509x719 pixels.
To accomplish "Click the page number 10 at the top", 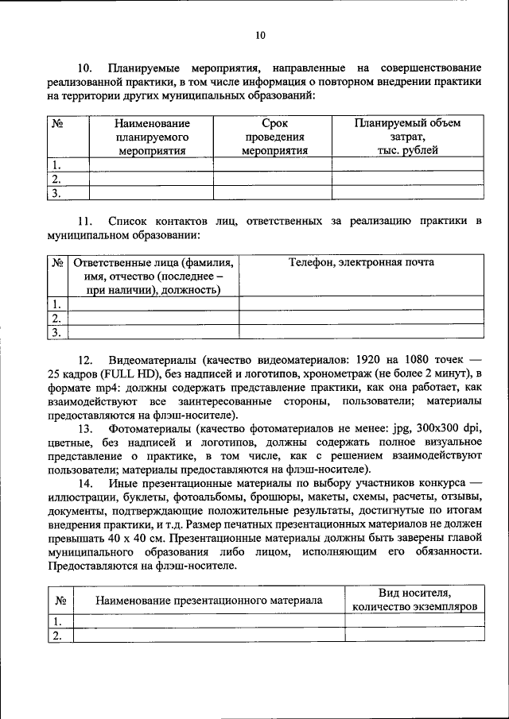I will click(260, 34).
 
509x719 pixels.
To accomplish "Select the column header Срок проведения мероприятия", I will click(274, 137).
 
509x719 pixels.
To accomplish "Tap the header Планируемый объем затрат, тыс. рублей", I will click(407, 137).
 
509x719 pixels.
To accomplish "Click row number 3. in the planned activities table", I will click(56, 193).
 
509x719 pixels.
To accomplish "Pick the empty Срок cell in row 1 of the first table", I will click(274, 165).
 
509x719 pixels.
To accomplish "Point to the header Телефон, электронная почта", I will click(361, 263).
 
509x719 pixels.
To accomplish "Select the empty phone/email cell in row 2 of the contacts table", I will click(361, 318).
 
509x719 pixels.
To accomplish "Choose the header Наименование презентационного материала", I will click(209, 600).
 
